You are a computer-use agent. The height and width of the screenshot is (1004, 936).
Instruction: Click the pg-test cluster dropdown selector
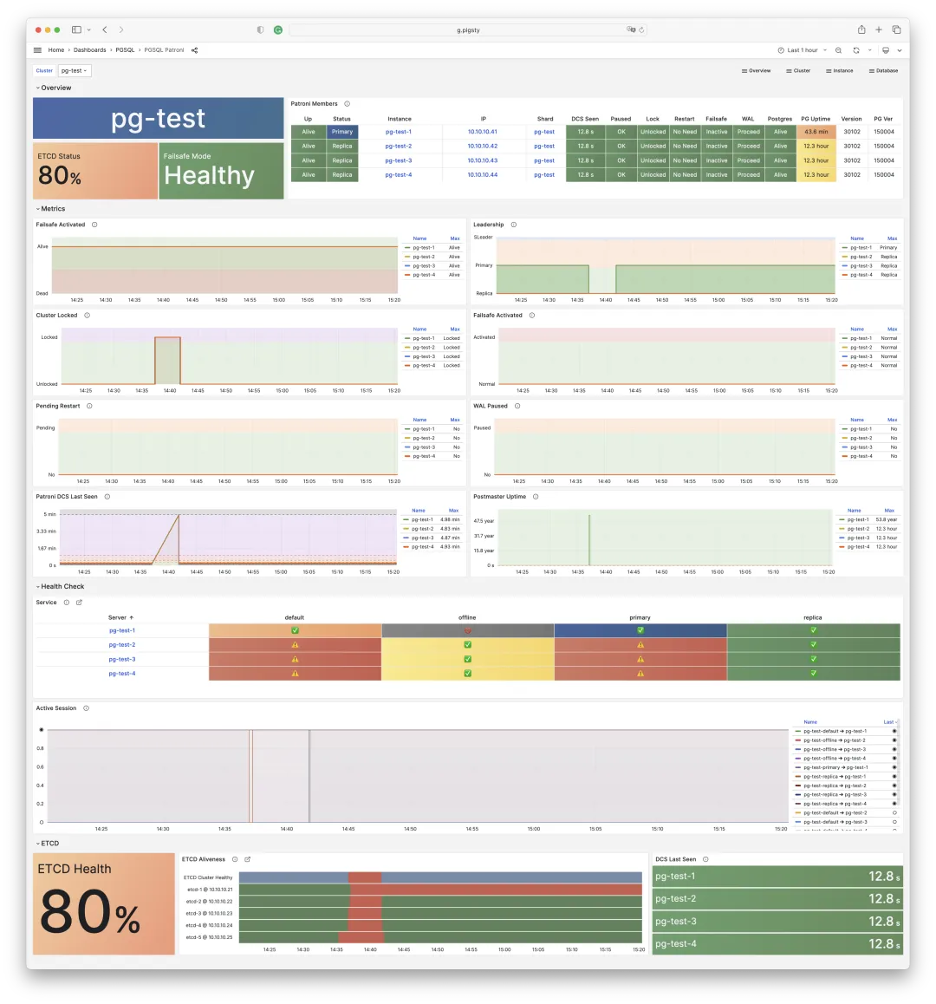pyautogui.click(x=75, y=70)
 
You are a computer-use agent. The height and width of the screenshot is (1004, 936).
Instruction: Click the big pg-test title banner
pyautogui.click(x=159, y=118)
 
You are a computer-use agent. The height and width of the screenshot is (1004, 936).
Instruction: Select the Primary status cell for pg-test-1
pyautogui.click(x=342, y=132)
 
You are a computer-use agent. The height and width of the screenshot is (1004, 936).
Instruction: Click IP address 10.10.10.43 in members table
pyautogui.click(x=483, y=160)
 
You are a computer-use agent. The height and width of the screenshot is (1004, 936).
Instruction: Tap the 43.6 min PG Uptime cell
pyautogui.click(x=816, y=132)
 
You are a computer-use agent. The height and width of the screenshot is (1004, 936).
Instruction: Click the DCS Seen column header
pyautogui.click(x=585, y=119)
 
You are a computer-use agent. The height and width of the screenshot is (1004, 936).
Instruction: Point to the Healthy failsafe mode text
pyautogui.click(x=210, y=176)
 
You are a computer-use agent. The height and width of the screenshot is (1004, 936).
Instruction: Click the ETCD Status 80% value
pyautogui.click(x=60, y=176)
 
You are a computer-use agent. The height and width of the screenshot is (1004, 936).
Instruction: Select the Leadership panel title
pyautogui.click(x=488, y=225)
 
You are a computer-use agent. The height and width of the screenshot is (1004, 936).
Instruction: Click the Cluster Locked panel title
pyautogui.click(x=56, y=316)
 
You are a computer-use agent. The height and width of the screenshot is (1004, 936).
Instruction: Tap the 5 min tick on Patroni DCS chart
pyautogui.click(x=50, y=514)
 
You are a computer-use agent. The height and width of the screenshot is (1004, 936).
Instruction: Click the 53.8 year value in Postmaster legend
pyautogui.click(x=887, y=519)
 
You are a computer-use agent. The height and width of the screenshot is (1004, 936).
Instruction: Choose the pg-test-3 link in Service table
pyautogui.click(x=122, y=659)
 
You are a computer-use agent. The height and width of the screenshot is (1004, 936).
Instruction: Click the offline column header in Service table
pyautogui.click(x=467, y=617)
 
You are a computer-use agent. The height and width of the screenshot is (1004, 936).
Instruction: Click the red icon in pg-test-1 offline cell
pyautogui.click(x=468, y=630)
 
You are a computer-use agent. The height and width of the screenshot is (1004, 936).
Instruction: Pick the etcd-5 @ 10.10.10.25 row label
pyautogui.click(x=209, y=937)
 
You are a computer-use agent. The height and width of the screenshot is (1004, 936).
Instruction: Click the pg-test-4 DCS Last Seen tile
pyautogui.click(x=777, y=944)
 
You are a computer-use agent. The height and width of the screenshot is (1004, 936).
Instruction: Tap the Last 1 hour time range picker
pyautogui.click(x=803, y=50)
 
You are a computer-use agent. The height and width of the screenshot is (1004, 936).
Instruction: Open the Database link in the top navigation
pyautogui.click(x=883, y=70)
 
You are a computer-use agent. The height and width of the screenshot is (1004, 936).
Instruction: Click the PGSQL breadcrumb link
pyautogui.click(x=125, y=50)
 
